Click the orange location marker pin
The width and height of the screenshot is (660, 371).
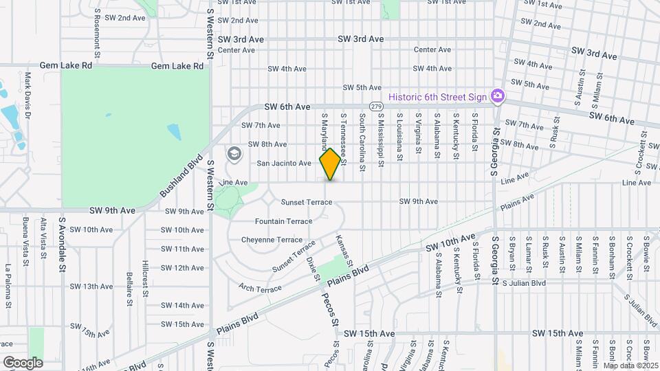pos(330,164)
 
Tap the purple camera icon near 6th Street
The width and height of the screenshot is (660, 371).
pos(496,97)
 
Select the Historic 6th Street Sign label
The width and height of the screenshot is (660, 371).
pos(437,97)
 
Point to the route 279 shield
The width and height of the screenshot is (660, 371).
pos(375,106)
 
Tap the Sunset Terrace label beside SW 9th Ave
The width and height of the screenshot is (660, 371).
pos(307,202)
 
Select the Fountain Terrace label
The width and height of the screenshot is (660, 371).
pos(283,221)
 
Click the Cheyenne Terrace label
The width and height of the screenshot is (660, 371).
pos(272,240)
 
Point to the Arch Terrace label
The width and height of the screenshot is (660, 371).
pos(260,288)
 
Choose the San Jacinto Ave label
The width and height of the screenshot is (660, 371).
pos(284,164)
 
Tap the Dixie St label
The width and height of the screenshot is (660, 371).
pos(313,268)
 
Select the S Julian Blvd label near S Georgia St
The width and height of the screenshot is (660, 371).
pos(524,282)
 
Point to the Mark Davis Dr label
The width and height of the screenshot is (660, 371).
pos(28,95)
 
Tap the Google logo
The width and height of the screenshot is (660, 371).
pos(23,362)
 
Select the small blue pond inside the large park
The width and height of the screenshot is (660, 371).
pos(173,131)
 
